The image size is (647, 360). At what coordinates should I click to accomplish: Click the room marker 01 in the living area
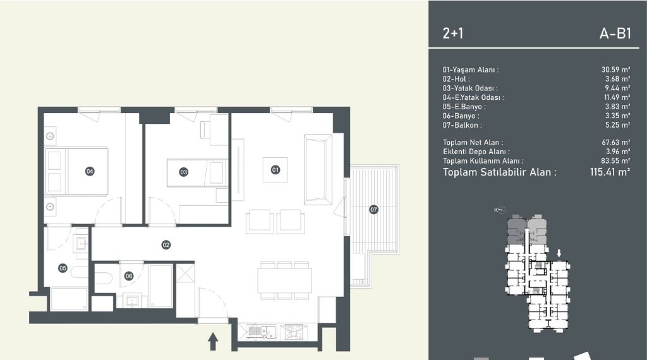point(275,169)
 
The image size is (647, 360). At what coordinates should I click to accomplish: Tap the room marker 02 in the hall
point(166,245)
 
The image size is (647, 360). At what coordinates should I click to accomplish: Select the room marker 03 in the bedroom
point(184,172)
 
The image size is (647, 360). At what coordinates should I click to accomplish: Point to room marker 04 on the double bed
point(90,171)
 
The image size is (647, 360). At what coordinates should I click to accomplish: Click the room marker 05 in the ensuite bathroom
point(63,268)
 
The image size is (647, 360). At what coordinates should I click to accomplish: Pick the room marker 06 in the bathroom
point(129,276)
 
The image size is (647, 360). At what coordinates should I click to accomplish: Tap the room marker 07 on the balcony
point(373,210)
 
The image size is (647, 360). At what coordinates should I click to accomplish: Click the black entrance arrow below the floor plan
point(213,342)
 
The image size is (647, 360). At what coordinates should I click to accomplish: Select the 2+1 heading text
point(452,33)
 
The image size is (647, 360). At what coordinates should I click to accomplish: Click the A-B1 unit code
point(615,33)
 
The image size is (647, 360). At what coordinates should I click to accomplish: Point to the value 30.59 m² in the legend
point(615,69)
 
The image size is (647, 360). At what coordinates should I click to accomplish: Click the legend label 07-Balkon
point(462,125)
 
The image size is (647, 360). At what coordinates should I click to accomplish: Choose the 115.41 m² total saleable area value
point(610,172)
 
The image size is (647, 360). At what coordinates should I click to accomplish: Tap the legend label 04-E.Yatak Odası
point(473,97)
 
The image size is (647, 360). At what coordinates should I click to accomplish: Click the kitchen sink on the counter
point(262,332)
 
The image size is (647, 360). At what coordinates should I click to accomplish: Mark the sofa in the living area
point(318,169)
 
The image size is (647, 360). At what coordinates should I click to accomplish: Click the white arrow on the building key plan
point(559,253)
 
